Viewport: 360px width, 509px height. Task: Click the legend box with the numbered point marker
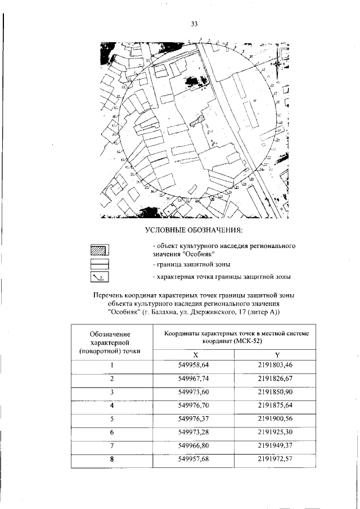[x=99, y=277]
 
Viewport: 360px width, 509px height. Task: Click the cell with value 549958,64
[x=193, y=365]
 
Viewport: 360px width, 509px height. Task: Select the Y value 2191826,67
[x=277, y=379]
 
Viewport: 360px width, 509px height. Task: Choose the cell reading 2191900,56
[x=277, y=419]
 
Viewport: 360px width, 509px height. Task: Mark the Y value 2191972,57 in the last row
[x=277, y=460]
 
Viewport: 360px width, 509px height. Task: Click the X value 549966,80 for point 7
[x=193, y=446]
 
